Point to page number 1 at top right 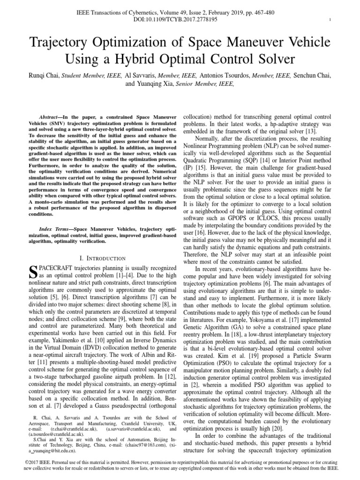click(x=330, y=19)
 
